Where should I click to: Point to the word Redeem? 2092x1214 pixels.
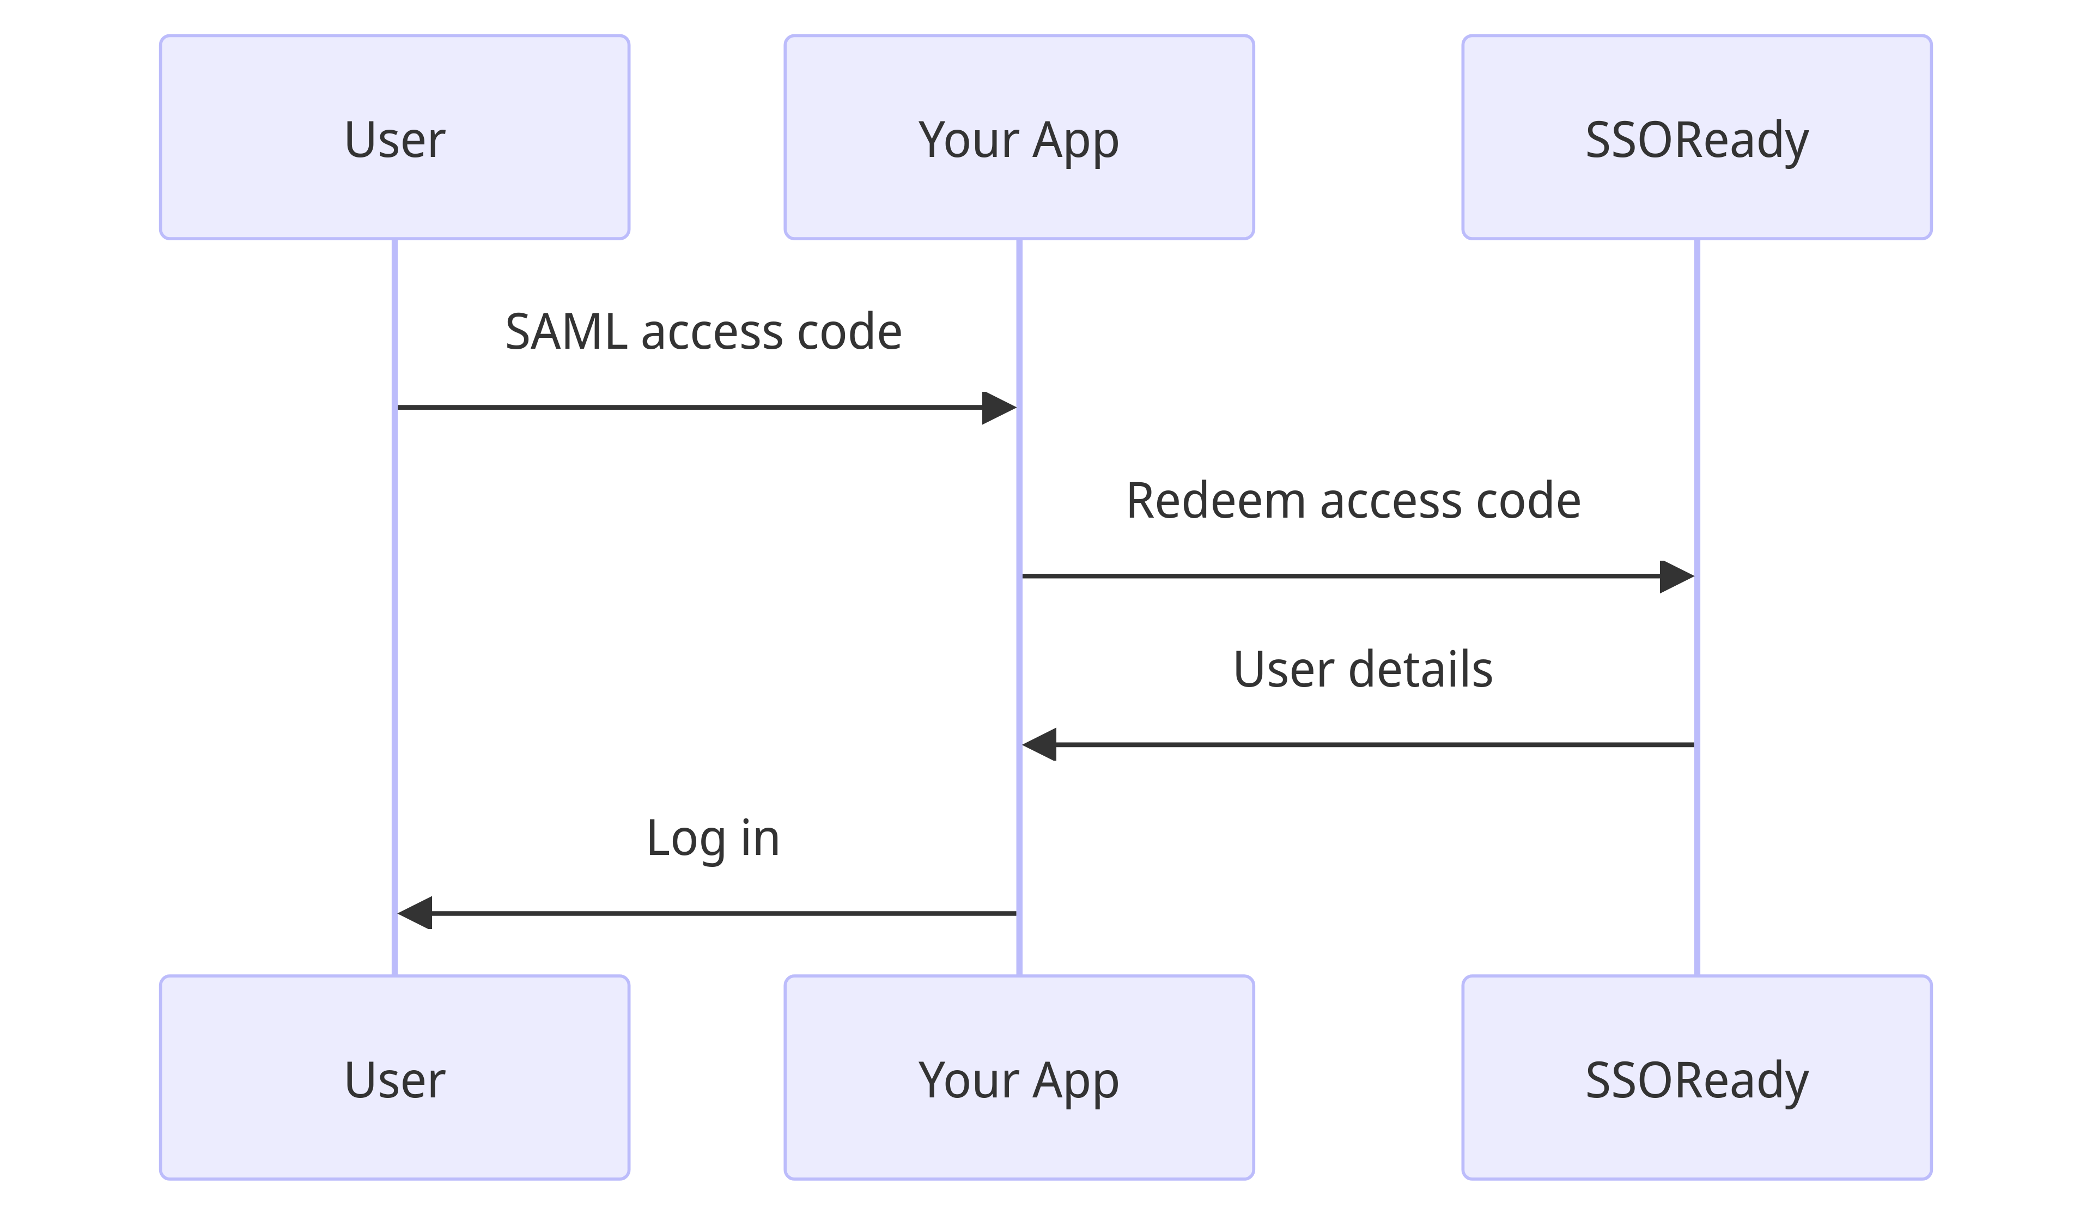point(1214,501)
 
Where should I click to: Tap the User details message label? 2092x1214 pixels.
point(1363,670)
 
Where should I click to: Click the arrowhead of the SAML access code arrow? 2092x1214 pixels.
point(999,408)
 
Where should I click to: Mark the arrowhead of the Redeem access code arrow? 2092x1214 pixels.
point(1676,576)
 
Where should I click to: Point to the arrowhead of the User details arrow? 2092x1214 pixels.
point(1040,745)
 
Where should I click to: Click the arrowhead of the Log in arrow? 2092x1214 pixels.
point(416,913)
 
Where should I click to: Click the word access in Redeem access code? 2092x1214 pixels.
point(1390,501)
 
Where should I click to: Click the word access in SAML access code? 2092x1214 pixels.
point(711,332)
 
